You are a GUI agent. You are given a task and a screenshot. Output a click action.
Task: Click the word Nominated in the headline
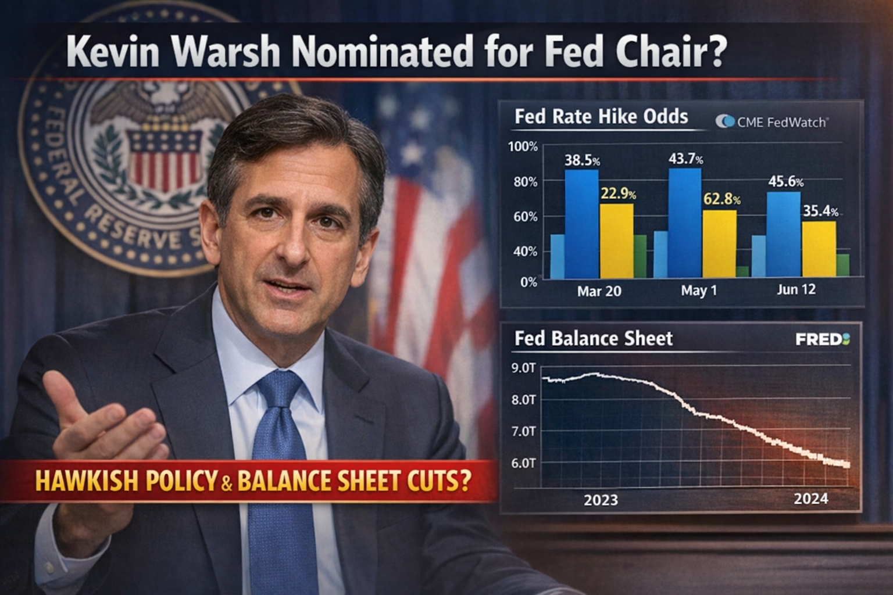tap(382, 51)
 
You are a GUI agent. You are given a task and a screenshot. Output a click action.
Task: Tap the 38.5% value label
tap(582, 160)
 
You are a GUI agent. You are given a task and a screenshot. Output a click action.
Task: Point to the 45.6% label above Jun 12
tap(785, 181)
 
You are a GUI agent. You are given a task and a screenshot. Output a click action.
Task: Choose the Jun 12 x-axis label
tap(796, 289)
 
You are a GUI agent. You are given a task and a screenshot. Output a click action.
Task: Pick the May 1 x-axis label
tap(699, 290)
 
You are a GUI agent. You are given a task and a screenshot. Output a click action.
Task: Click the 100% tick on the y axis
tap(523, 146)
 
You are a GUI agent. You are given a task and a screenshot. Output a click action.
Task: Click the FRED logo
tap(822, 339)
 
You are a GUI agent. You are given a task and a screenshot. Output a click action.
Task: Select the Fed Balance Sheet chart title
tap(593, 339)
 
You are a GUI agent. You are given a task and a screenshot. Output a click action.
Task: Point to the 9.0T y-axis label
tap(523, 368)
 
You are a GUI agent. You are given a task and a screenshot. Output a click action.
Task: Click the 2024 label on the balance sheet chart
tap(810, 499)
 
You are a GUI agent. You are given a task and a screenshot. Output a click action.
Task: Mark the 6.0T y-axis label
tap(523, 463)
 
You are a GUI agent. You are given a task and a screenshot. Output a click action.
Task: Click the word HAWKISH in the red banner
tap(87, 482)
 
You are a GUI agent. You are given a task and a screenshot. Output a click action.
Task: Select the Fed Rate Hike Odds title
tap(601, 117)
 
